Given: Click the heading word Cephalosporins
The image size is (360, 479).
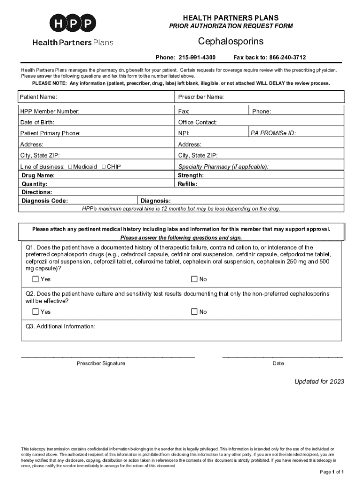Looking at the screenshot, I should point(230,42).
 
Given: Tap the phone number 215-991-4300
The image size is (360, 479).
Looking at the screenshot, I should point(197,58).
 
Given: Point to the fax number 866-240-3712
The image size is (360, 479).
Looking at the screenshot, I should point(287,58).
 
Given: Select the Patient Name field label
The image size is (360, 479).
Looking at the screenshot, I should point(38,97).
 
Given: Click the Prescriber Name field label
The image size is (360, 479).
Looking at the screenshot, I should point(201,97).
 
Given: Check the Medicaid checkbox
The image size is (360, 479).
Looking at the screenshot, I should point(70,167).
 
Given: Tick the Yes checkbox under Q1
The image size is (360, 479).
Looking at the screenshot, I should point(36,279).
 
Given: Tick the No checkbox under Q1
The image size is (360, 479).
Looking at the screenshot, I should point(194,279).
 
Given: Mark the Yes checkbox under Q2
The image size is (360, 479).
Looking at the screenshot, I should point(36,312).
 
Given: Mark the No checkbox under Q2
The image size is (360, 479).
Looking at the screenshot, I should point(194,312).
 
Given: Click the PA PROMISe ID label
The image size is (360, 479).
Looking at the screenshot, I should point(273,133).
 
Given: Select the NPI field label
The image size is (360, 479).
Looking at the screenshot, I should point(183,133).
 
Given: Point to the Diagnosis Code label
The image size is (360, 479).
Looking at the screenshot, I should point(45,201).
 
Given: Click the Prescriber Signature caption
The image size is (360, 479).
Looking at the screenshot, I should point(101,364).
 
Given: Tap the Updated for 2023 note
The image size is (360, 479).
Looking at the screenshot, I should point(319,382).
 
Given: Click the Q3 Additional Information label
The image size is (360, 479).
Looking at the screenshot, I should point(60,327).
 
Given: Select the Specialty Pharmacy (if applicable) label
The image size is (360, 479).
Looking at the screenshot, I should point(223,167).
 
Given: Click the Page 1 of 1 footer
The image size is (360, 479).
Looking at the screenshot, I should point(332,472).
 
